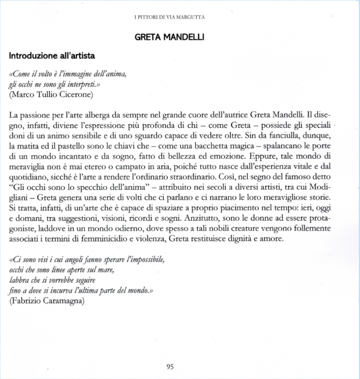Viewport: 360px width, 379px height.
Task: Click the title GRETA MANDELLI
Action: [x=170, y=37]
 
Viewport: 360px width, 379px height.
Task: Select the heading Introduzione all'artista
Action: [x=52, y=55]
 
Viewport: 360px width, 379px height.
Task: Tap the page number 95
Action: [x=170, y=367]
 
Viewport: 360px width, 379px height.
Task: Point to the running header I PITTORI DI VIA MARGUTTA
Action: [x=170, y=17]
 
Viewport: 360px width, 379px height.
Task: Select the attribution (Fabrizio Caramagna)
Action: [x=46, y=301]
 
